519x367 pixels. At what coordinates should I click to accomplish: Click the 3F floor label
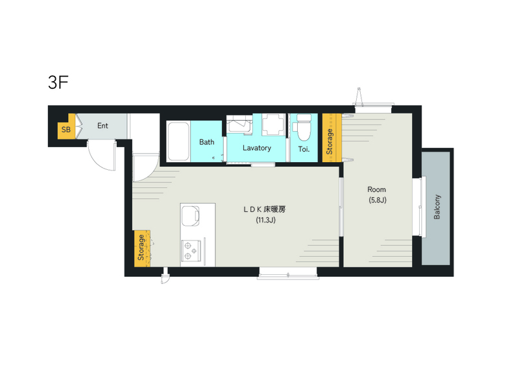click(x=58, y=82)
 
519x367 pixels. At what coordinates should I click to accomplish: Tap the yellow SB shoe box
click(x=67, y=130)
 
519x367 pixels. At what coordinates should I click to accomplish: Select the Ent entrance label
click(x=103, y=126)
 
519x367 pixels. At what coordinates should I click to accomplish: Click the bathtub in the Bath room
click(x=178, y=141)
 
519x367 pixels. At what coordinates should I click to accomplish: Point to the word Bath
click(x=207, y=142)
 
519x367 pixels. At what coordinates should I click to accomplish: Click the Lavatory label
click(x=257, y=148)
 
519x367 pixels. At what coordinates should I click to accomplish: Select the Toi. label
click(x=304, y=149)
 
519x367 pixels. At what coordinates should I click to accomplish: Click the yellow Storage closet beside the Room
click(x=332, y=137)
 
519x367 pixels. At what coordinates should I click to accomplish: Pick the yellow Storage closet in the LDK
click(x=142, y=248)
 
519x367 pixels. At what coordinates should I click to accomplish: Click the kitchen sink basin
click(x=190, y=216)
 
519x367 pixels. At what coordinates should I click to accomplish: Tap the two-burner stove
click(x=191, y=251)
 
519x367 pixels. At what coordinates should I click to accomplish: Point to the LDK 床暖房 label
click(x=265, y=209)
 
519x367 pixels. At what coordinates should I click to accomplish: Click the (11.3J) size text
click(x=265, y=220)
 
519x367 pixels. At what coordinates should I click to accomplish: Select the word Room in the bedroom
click(x=377, y=189)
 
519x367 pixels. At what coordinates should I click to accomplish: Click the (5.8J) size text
click(x=378, y=200)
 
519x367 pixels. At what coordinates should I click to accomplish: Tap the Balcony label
click(x=437, y=207)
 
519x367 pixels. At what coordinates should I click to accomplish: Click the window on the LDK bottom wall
click(x=288, y=274)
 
